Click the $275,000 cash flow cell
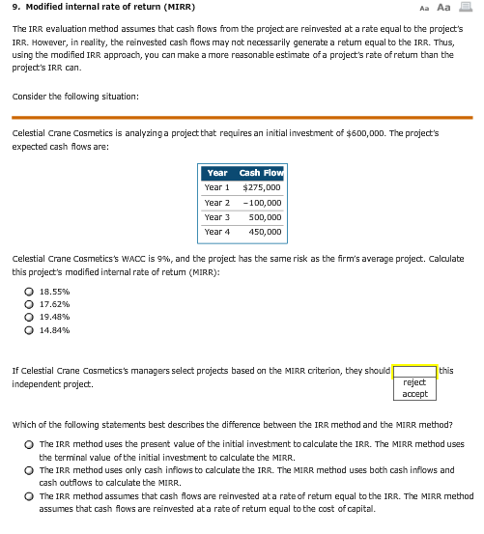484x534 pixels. click(261, 187)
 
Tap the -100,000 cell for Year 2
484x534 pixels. click(261, 203)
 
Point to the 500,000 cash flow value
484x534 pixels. click(264, 217)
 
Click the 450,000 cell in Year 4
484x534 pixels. click(264, 232)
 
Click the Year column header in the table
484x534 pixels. click(217, 173)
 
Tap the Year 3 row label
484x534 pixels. click(217, 217)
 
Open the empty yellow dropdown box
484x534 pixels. click(414, 371)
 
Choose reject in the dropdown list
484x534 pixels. click(414, 382)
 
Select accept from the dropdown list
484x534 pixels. click(414, 394)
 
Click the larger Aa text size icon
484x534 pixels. click(443, 7)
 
